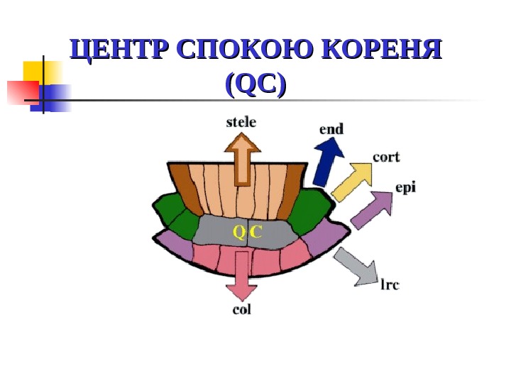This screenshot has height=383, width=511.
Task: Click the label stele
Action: [x=241, y=123]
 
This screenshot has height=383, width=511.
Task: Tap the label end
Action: [x=331, y=129]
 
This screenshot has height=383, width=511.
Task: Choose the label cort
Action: [x=385, y=157]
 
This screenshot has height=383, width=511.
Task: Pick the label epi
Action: [x=406, y=188]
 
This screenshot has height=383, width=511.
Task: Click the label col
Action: [x=241, y=310]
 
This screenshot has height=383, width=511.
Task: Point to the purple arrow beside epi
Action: [x=372, y=210]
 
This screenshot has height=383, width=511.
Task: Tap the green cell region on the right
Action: [x=310, y=212]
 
